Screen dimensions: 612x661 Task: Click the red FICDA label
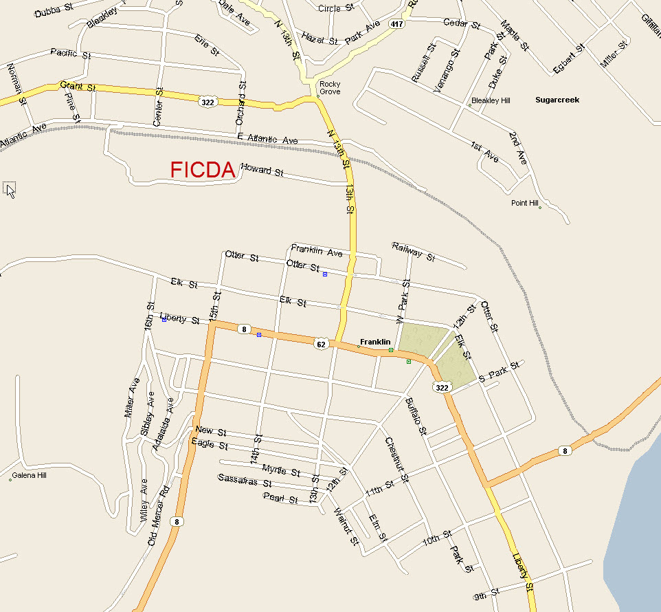[203, 171]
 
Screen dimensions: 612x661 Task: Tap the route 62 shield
[321, 344]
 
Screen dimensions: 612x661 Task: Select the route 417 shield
[396, 23]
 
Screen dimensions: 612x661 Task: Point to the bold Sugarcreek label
[557, 100]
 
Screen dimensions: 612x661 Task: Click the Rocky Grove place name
[330, 88]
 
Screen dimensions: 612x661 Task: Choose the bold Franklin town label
[375, 342]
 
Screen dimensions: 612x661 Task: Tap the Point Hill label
[524, 203]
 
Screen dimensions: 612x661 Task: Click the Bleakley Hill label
[491, 100]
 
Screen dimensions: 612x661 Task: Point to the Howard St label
[262, 170]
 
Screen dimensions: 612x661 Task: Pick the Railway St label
[414, 252]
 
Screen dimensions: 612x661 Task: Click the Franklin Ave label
[316, 251]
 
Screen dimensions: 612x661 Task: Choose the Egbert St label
[569, 58]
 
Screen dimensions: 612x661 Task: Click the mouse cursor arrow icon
[10, 190]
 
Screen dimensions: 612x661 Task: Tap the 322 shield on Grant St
[206, 102]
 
